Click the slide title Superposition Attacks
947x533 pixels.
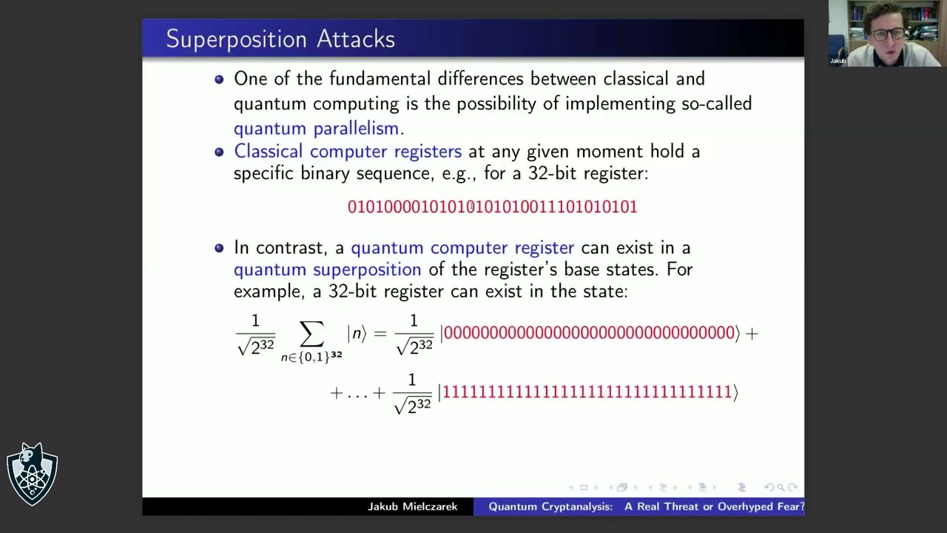pyautogui.click(x=280, y=39)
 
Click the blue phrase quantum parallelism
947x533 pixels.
pyautogui.click(x=318, y=128)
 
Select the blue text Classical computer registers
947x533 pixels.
pyautogui.click(x=347, y=151)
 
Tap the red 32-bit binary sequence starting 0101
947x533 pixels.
pyautogui.click(x=492, y=207)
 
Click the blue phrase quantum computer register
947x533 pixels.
pyautogui.click(x=462, y=247)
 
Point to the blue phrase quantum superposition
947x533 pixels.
pyautogui.click(x=327, y=269)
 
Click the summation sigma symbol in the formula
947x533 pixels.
pyautogui.click(x=311, y=333)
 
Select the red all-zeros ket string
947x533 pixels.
pyautogui.click(x=589, y=333)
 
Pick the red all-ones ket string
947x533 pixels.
pyautogui.click(x=587, y=392)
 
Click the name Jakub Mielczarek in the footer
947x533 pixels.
pyautogui.click(x=412, y=507)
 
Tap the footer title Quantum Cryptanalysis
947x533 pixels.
pyautogui.click(x=550, y=507)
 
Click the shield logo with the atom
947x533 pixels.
pyautogui.click(x=32, y=475)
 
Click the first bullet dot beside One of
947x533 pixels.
pyautogui.click(x=219, y=78)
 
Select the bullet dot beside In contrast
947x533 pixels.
pyautogui.click(x=219, y=247)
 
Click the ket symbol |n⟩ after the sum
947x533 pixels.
pyautogui.click(x=357, y=333)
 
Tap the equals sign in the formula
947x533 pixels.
pyautogui.click(x=380, y=333)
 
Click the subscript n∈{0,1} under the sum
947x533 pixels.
pyautogui.click(x=311, y=357)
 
